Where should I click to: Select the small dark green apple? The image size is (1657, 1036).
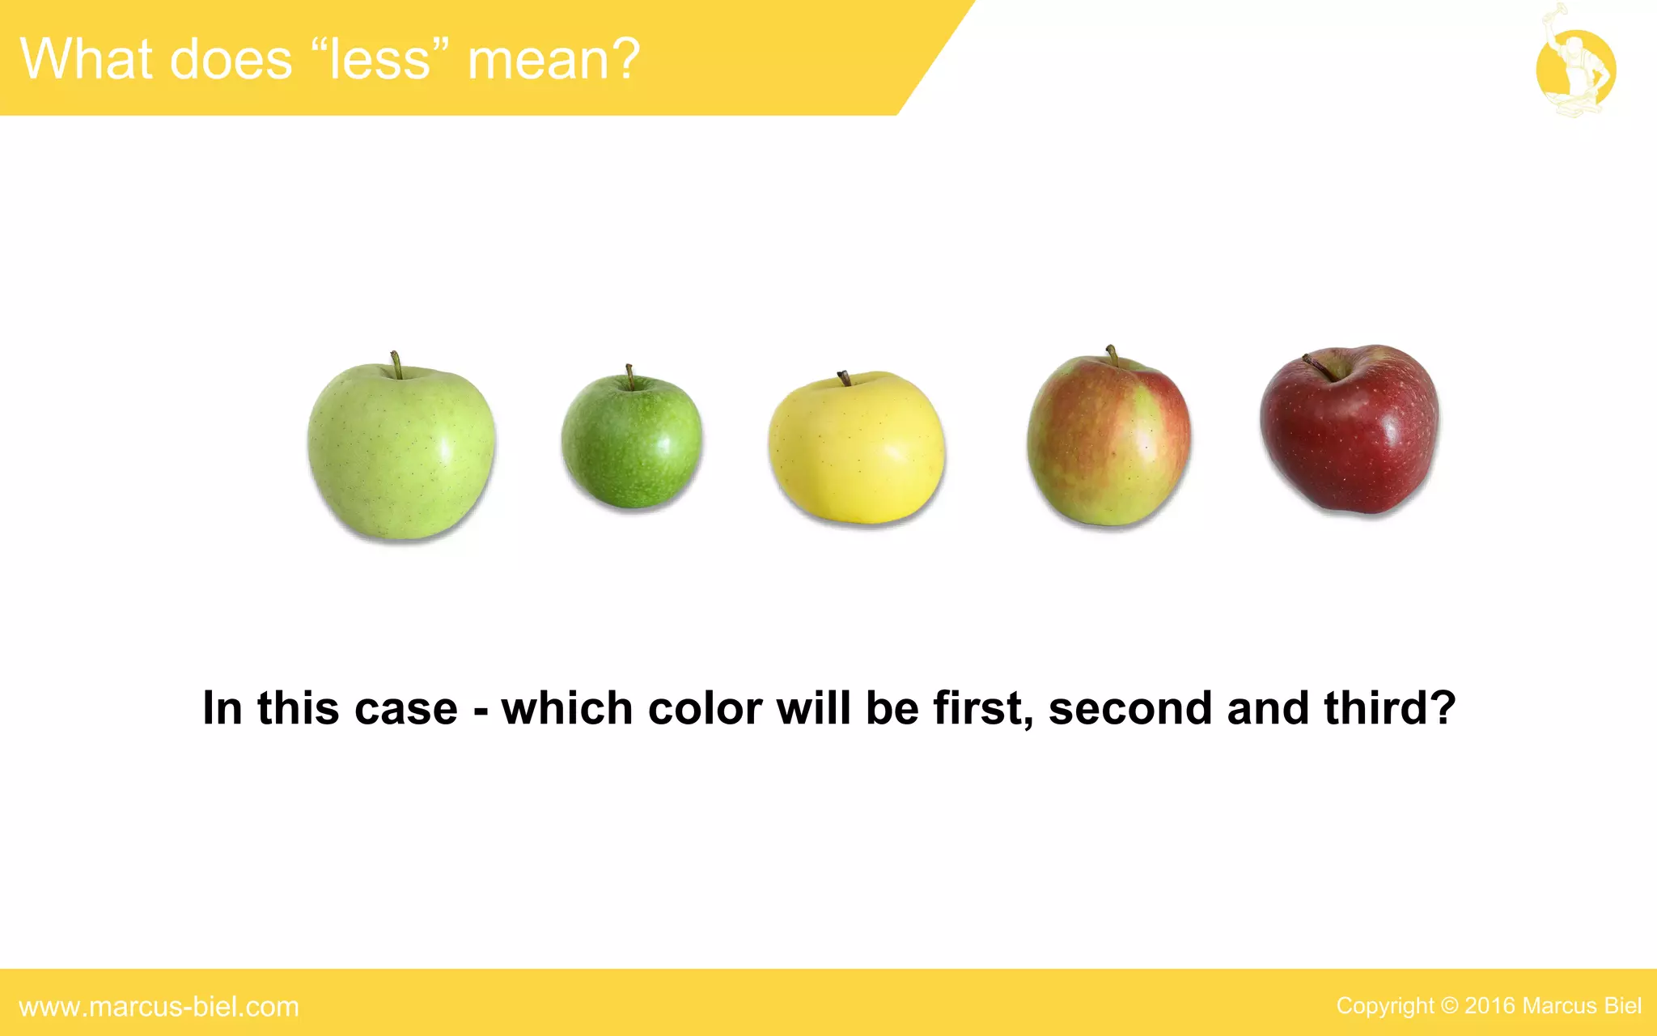pos(632,442)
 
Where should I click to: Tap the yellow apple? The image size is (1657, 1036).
pos(856,448)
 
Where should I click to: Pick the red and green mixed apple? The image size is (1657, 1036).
pos(1108,442)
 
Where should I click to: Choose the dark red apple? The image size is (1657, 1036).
pos(1350,431)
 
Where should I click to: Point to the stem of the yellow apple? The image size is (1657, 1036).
pos(843,378)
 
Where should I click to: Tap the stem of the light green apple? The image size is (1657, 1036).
pos(396,364)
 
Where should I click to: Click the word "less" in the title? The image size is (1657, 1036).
pos(379,60)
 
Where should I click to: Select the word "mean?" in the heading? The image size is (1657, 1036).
pos(554,60)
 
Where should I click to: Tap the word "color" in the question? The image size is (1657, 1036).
pos(705,708)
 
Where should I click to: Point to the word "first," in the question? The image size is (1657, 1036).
pos(983,708)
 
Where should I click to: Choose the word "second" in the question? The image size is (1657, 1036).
pos(1130,708)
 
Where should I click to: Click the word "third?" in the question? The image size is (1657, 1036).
pos(1389,708)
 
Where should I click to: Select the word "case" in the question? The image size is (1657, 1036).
pos(406,708)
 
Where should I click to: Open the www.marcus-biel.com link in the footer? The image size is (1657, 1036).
pos(159,1007)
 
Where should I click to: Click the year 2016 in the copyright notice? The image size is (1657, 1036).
pos(1490,1006)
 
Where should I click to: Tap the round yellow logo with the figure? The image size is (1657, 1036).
pos(1575,70)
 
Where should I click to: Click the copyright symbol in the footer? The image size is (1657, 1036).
pos(1449,1006)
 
